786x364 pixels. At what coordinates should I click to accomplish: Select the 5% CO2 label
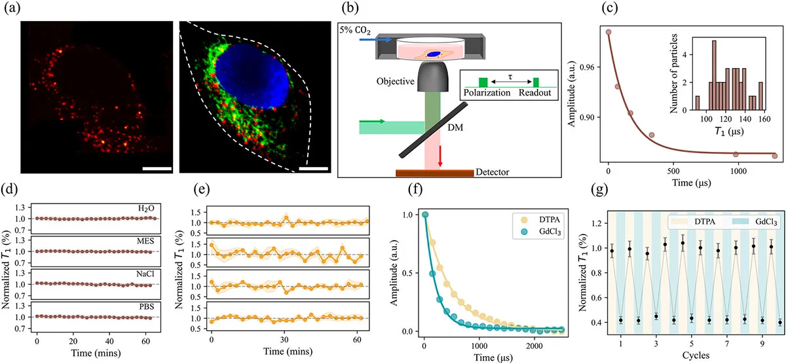tap(356, 30)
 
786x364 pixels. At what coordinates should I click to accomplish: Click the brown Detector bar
tap(434, 173)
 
